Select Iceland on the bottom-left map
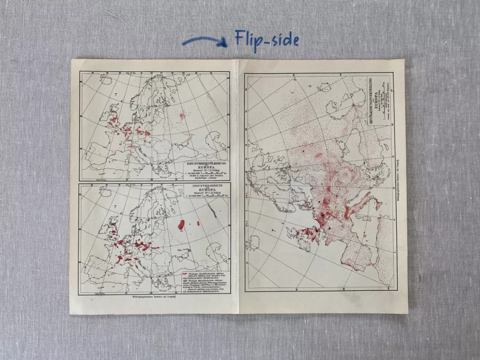point(105,192)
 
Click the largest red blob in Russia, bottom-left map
point(182,224)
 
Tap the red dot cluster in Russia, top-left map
point(182,116)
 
